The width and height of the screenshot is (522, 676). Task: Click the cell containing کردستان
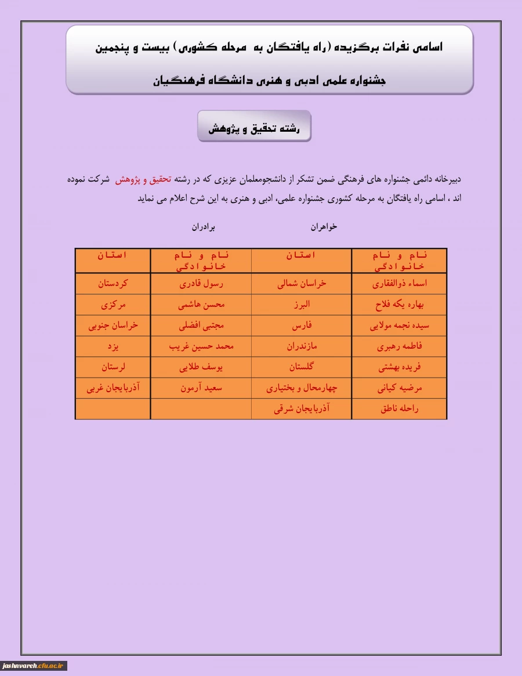[113, 284]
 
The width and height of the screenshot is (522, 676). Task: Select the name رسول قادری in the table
[201, 284]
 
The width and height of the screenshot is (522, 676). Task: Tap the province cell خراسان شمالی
[302, 284]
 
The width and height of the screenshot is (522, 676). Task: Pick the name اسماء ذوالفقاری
[399, 284]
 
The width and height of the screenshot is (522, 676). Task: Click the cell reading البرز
[302, 305]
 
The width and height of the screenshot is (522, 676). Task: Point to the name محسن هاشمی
[201, 305]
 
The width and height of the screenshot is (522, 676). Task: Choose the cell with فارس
[302, 326]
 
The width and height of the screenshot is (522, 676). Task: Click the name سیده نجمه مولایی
[399, 326]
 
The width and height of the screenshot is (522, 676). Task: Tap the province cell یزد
[113, 347]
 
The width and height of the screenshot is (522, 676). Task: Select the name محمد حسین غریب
[201, 347]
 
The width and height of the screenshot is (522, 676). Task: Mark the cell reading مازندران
[302, 347]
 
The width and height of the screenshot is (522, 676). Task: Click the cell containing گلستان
[302, 367]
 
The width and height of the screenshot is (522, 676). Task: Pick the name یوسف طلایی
[201, 367]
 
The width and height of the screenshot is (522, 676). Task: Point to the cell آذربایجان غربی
[113, 388]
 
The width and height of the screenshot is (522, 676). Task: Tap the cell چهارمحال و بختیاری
[302, 388]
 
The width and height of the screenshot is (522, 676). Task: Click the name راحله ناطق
[399, 409]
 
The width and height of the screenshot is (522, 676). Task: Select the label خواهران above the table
[324, 227]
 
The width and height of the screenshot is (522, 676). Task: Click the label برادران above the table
[204, 227]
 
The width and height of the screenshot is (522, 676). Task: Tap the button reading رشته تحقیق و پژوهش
[254, 126]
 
